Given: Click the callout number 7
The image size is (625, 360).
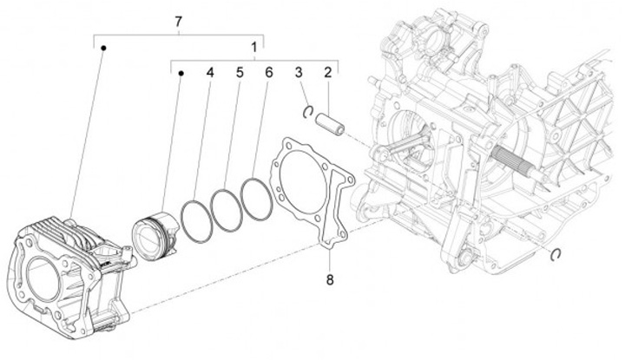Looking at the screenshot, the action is [x=179, y=19].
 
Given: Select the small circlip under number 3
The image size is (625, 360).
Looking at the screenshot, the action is [x=307, y=110].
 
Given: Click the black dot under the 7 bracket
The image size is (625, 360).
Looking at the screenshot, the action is [x=102, y=49].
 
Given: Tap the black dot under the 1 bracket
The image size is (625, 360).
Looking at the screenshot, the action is [x=181, y=75].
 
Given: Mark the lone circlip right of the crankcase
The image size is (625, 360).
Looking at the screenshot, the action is [x=555, y=253].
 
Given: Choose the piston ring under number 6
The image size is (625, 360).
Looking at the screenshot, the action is [x=257, y=200].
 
